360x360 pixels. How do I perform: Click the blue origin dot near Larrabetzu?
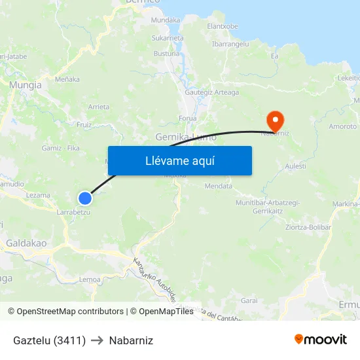tap(85, 198)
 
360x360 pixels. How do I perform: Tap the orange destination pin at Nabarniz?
tap(275, 120)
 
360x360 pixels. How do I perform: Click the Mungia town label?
tap(26, 85)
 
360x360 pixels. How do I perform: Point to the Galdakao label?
tap(26, 243)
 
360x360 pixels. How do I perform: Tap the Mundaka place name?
tap(166, 20)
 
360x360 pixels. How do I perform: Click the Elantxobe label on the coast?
tap(223, 26)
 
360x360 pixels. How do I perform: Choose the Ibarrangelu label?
tap(230, 44)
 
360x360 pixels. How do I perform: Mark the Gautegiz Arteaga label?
tap(211, 92)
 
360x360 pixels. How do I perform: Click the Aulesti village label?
tap(296, 167)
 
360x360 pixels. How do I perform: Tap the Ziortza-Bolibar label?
tap(308, 227)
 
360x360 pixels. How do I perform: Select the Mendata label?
tap(219, 186)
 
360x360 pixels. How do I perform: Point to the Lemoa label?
tap(90, 279)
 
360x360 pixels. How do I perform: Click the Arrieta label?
tap(99, 107)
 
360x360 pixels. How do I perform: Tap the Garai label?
tap(249, 300)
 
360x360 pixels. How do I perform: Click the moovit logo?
tap(321, 340)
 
